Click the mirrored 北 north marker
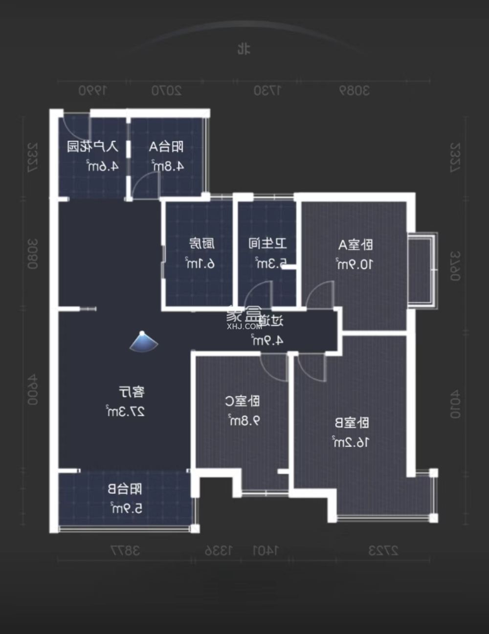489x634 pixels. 244,49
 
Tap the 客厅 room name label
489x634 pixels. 132,392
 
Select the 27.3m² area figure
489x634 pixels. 126,412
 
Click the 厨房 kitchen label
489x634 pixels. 201,243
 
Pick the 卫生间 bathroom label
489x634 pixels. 267,243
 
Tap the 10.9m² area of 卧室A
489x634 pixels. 355,264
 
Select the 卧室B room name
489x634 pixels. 352,423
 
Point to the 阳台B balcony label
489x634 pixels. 125,489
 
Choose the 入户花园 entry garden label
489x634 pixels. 92,146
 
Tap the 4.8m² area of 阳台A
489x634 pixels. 168,166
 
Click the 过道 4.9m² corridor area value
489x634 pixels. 267,340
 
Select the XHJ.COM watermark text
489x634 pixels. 244,326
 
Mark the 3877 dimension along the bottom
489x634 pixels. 125,550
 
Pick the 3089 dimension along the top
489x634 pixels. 355,90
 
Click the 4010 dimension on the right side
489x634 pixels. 455,404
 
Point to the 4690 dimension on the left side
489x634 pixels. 32,390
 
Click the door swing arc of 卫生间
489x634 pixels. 258,295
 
